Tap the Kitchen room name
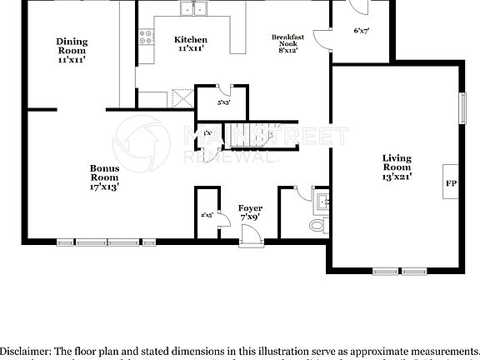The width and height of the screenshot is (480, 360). [191, 44]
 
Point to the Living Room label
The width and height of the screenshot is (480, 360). [397, 167]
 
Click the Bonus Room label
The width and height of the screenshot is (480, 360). [105, 177]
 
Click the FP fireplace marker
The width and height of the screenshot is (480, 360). [451, 182]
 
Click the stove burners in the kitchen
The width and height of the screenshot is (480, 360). [146, 37]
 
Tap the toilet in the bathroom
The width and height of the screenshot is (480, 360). [316, 226]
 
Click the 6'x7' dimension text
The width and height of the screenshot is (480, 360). [361, 31]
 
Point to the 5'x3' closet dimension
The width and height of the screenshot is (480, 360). [222, 103]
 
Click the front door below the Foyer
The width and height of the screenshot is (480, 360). [250, 241]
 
